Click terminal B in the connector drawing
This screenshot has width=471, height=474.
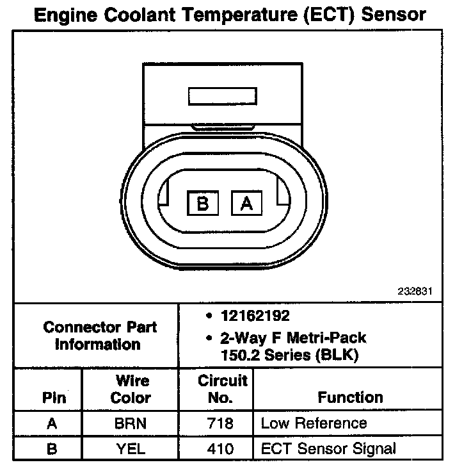[203, 204]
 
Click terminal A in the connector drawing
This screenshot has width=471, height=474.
[246, 204]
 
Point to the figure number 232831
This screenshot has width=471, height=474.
[417, 291]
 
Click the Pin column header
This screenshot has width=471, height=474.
[54, 397]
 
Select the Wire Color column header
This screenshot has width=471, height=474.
[131, 389]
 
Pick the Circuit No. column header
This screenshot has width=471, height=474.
[222, 389]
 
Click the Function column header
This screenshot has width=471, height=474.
[350, 397]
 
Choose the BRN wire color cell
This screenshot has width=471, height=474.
[131, 423]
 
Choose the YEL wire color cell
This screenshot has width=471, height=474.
[131, 448]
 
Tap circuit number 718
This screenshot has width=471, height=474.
[221, 423]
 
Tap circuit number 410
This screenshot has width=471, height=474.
[221, 448]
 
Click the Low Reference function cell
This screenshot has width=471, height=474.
[314, 423]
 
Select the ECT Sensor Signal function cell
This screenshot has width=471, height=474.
[328, 448]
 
